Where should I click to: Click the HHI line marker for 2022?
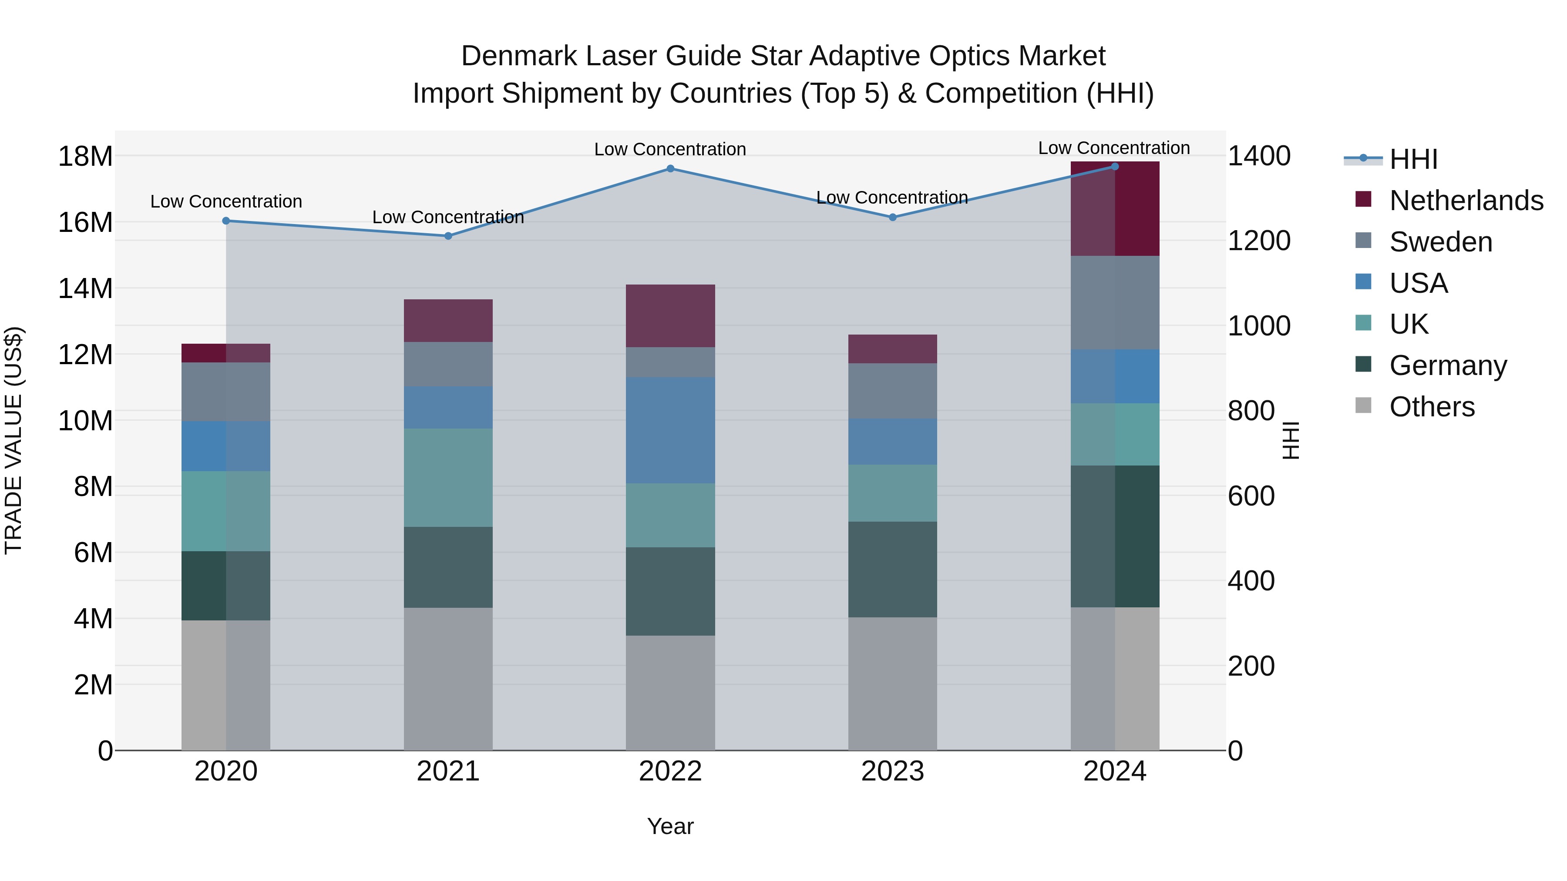(670, 168)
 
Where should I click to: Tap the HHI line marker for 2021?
(448, 236)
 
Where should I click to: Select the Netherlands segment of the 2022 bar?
(670, 315)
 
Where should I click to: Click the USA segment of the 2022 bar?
(670, 430)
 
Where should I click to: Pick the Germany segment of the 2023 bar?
(892, 569)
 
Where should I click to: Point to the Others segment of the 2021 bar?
(448, 679)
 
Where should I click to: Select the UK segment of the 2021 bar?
(448, 477)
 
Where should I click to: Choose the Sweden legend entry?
(1440, 242)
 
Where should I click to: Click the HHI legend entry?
(1413, 159)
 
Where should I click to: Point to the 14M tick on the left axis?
(85, 288)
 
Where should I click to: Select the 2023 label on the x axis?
(892, 771)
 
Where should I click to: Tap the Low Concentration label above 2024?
(1114, 148)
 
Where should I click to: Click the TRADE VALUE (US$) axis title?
(13, 440)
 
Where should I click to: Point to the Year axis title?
(670, 826)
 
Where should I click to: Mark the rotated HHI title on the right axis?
(1290, 440)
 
